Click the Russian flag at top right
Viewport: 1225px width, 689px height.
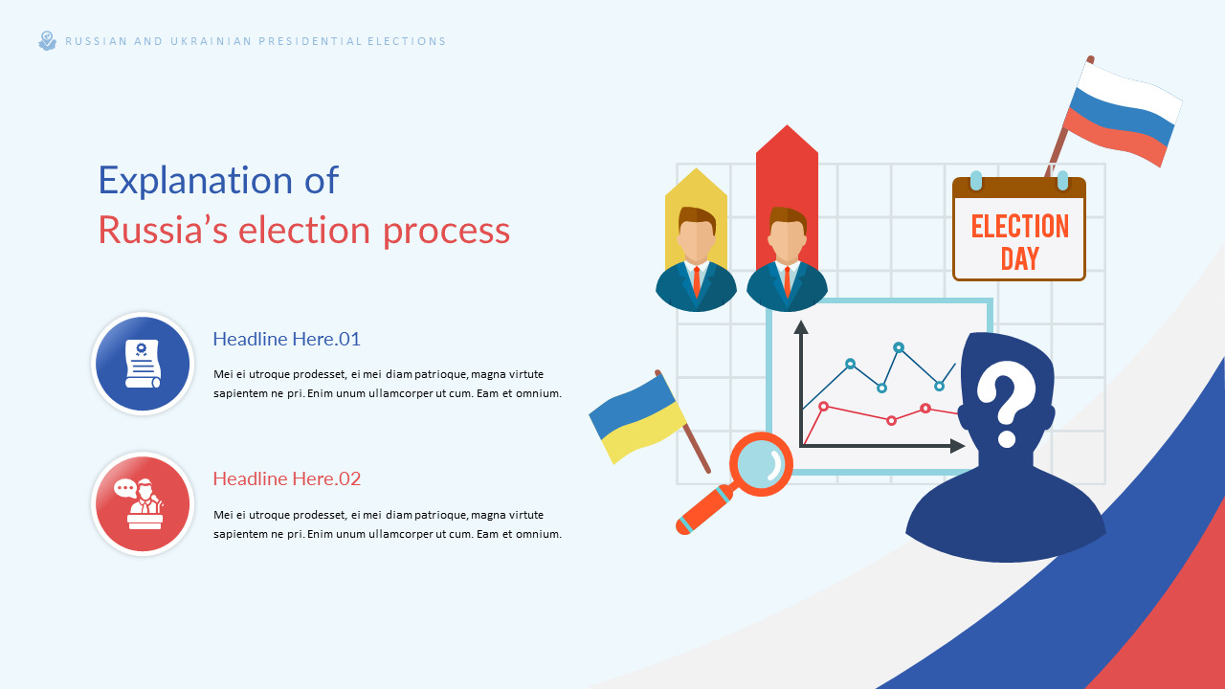point(1122,113)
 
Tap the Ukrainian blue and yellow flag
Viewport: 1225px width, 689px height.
point(636,417)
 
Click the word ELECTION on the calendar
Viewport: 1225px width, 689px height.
point(1019,227)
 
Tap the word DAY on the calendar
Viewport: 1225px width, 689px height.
point(1019,258)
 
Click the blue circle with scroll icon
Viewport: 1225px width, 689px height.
point(143,364)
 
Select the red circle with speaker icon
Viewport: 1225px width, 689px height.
point(143,503)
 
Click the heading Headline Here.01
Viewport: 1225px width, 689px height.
point(286,339)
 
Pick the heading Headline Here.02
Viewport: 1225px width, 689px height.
point(286,478)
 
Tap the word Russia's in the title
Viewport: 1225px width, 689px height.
point(162,231)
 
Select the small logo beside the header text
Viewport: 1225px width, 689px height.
point(47,40)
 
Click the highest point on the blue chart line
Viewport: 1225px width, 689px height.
point(899,347)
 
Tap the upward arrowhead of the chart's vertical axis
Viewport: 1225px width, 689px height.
point(801,327)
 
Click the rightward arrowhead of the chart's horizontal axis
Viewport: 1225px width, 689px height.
point(958,446)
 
